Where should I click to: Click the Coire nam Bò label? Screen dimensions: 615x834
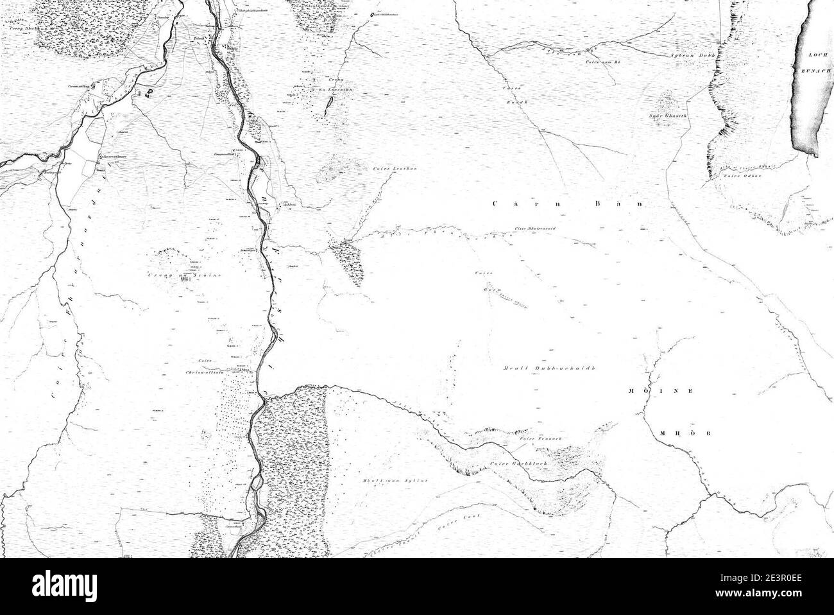tap(604, 62)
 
